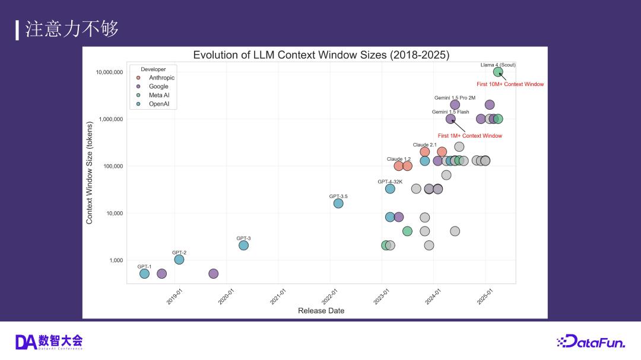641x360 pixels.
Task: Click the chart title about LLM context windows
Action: pyautogui.click(x=321, y=55)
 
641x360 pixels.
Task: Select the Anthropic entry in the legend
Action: pyautogui.click(x=161, y=78)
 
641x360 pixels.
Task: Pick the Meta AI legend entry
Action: pyautogui.click(x=159, y=95)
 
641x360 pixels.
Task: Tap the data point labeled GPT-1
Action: pyautogui.click(x=144, y=273)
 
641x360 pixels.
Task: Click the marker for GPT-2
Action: pyautogui.click(x=179, y=259)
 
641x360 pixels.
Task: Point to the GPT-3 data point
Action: pyautogui.click(x=243, y=245)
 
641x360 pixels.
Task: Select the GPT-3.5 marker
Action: pyautogui.click(x=338, y=203)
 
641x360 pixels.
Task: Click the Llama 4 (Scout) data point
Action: pyautogui.click(x=498, y=72)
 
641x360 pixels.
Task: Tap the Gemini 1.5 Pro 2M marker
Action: pyautogui.click(x=455, y=105)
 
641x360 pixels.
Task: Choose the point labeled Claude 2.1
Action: pyautogui.click(x=425, y=152)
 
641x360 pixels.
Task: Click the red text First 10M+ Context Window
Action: pyautogui.click(x=510, y=84)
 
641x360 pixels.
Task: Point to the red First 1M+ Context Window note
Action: pyautogui.click(x=470, y=136)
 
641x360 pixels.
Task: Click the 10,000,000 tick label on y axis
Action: pyautogui.click(x=110, y=72)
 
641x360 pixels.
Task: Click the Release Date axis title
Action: pyautogui.click(x=321, y=311)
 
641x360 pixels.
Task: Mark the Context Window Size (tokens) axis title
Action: pyautogui.click(x=90, y=177)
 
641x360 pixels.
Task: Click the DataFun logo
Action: pyautogui.click(x=591, y=341)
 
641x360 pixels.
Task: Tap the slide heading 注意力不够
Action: pyautogui.click(x=72, y=29)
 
